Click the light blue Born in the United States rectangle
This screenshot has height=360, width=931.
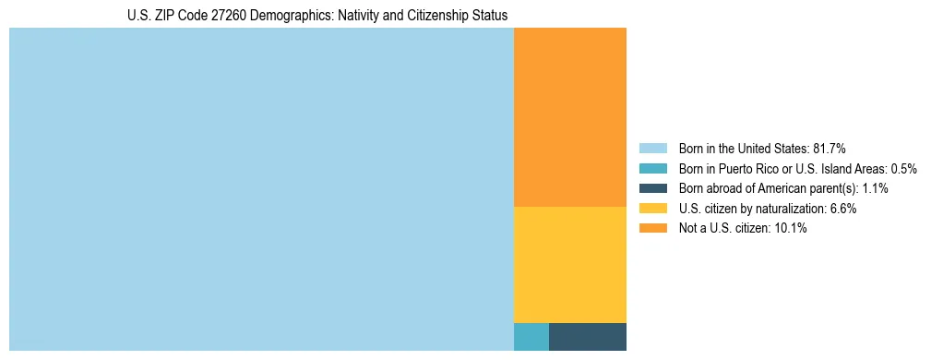tap(261, 189)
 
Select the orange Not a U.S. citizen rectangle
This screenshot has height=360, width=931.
tap(570, 117)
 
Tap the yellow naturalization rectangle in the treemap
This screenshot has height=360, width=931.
tap(570, 265)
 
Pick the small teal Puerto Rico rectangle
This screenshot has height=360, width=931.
tap(531, 337)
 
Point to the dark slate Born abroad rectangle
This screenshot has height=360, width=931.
tap(588, 337)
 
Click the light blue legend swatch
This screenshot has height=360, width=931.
tap(653, 149)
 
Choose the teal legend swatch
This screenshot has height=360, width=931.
tap(653, 169)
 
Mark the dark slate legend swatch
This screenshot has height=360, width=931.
tap(653, 188)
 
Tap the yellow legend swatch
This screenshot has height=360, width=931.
tap(653, 209)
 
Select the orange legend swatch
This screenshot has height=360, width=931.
tap(653, 228)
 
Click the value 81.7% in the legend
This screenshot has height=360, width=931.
tap(829, 149)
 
